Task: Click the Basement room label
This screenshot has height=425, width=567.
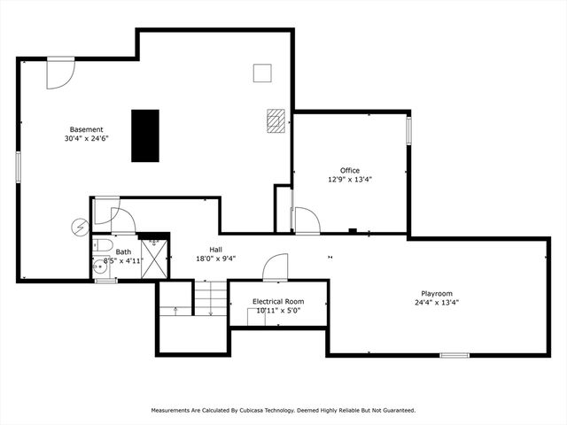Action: (x=87, y=129)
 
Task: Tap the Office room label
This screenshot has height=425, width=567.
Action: (x=350, y=171)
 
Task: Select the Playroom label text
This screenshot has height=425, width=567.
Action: (x=437, y=294)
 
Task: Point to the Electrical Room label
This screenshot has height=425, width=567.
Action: (x=278, y=301)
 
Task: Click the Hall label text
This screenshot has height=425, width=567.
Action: (x=216, y=250)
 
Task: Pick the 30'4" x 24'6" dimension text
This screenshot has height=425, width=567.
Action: (x=87, y=138)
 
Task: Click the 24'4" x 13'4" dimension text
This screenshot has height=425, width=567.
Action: (x=437, y=303)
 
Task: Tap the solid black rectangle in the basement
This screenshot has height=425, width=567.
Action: (x=145, y=135)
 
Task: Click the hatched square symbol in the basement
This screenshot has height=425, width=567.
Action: (x=276, y=120)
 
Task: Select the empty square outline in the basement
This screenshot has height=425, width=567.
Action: (x=262, y=73)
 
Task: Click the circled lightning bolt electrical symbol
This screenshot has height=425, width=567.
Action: (x=80, y=228)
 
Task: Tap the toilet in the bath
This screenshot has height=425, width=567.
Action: (x=103, y=245)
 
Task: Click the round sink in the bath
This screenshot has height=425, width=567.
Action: (x=100, y=267)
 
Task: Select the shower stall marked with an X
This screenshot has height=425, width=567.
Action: (x=154, y=259)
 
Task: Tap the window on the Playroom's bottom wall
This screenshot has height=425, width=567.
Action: (x=454, y=355)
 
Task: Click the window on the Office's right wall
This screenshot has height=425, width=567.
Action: (x=408, y=130)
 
